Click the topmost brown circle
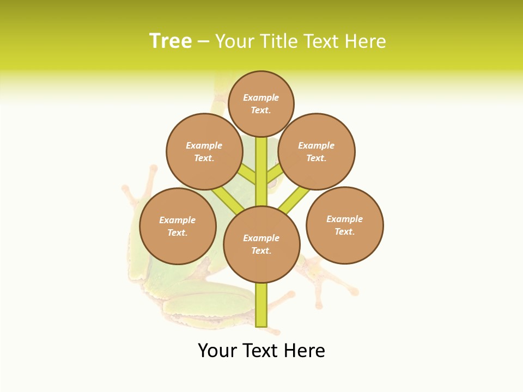pos(261,103)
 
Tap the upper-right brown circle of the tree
pos(317,151)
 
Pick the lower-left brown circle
pos(178,226)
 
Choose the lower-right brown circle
pos(345,225)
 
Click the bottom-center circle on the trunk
pos(261,244)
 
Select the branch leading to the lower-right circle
pos(294,199)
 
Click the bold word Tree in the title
pos(171,41)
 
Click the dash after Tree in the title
pos(203,41)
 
